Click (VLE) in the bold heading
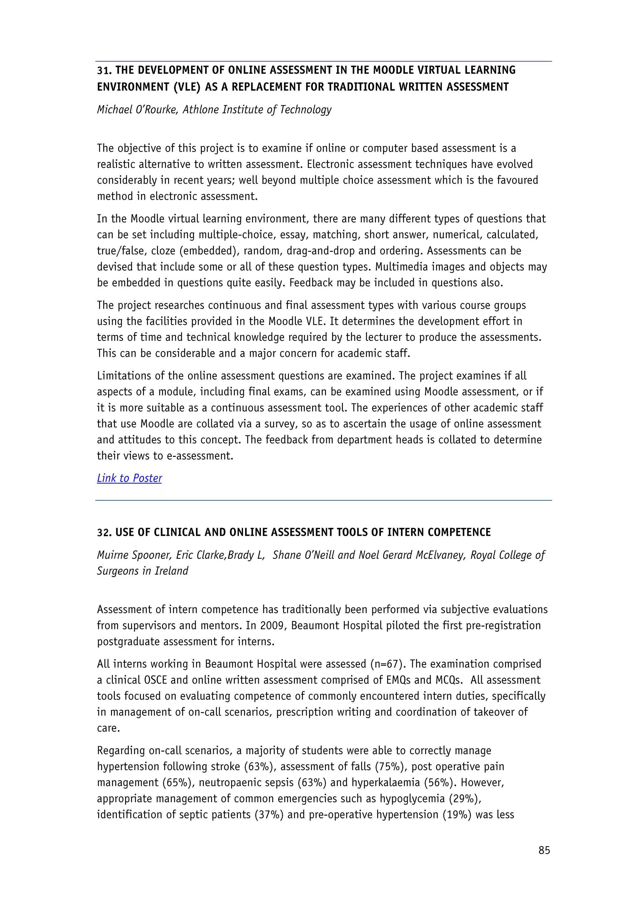[187, 87]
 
